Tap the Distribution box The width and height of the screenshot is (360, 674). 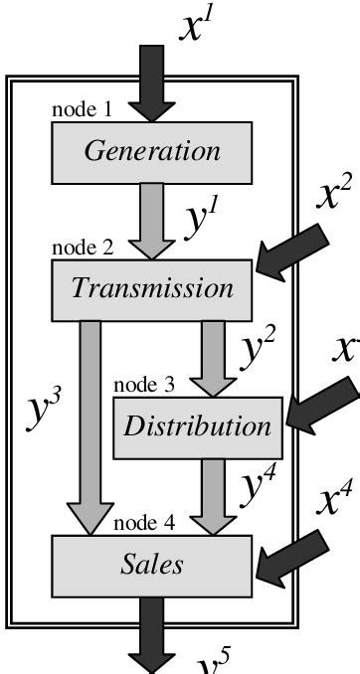pos(197,426)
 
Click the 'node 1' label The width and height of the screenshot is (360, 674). pos(81,110)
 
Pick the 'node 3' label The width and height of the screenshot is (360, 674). pos(143,384)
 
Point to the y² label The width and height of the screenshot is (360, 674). pos(262,347)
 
